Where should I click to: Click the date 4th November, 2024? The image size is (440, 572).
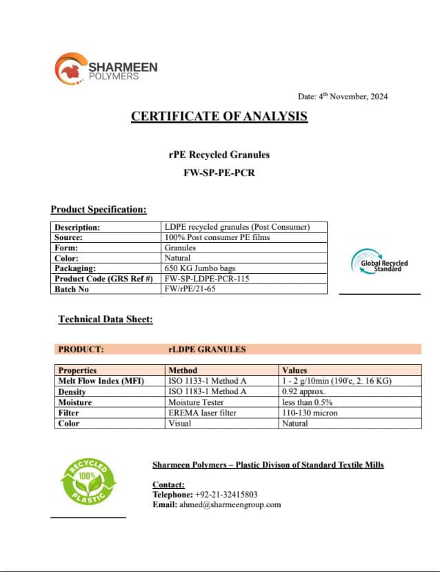343,97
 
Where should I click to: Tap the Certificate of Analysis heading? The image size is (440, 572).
219,116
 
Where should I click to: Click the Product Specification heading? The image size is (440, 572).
98,209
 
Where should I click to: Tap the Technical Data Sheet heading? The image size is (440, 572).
105,319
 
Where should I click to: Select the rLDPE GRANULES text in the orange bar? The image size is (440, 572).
207,349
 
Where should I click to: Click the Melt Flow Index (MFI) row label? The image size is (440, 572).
101,381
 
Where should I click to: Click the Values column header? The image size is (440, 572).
295,371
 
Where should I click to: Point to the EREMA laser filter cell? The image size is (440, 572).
202,413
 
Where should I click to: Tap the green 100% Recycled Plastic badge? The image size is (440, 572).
87,484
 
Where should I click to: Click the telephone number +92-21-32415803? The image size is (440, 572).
226,494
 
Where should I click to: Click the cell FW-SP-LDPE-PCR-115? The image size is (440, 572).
207,278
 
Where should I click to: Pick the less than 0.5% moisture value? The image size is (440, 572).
308,402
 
